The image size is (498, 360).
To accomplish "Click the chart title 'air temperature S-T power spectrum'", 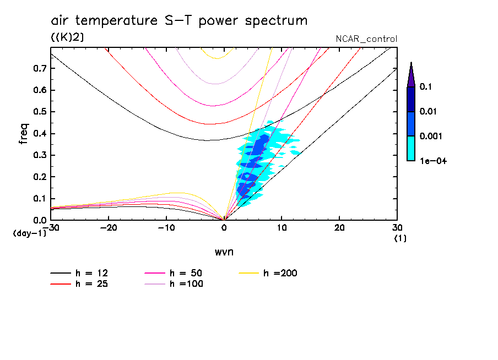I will pos(178,21).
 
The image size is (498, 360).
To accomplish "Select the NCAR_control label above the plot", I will pos(366,39).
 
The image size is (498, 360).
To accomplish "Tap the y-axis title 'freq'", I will pos(23,133).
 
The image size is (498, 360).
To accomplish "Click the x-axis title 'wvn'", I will pos(224,252).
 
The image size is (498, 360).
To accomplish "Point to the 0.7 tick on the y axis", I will pos(40,68).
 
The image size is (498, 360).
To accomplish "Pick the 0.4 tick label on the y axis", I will pos(40,133).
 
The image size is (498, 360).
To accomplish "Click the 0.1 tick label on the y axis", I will pos(40,198).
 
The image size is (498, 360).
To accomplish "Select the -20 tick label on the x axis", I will pos(109,228).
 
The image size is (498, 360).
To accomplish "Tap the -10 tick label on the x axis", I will pos(166,228).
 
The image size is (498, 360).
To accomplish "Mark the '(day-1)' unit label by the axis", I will pos(30,233).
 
